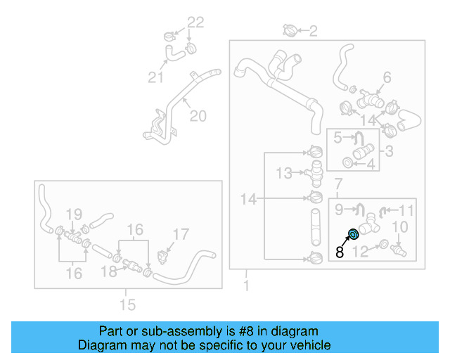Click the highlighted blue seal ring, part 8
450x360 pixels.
[353, 235]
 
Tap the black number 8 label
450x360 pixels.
[340, 252]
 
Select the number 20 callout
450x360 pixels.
[198, 116]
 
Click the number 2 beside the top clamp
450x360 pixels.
[313, 31]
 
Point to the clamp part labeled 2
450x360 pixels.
[289, 30]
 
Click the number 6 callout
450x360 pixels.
[387, 77]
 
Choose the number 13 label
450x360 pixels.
[284, 173]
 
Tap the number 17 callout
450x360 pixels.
[181, 234]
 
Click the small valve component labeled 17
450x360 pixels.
[162, 257]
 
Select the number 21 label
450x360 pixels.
[155, 77]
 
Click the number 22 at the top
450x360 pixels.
[195, 22]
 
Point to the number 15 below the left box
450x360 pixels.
[127, 304]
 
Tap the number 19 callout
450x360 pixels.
[74, 214]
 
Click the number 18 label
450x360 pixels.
[109, 271]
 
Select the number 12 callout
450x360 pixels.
[361, 252]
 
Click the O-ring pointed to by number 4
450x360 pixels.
[347, 163]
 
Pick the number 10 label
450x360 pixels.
[400, 227]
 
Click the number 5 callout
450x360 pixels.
[337, 138]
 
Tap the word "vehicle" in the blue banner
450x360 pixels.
[312, 345]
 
